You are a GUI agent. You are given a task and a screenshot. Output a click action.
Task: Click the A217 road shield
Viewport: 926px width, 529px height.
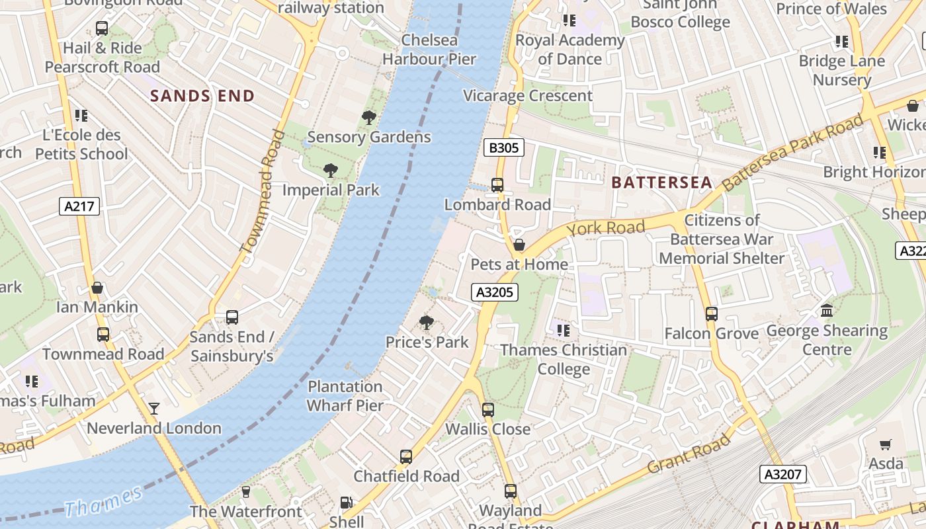click(79, 206)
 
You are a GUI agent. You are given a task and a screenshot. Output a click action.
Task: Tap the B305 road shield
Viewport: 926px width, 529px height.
click(503, 147)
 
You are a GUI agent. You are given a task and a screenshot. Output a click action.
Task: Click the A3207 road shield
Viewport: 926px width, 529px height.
click(782, 473)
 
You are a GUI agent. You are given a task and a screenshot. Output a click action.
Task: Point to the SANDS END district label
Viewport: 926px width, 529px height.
click(202, 96)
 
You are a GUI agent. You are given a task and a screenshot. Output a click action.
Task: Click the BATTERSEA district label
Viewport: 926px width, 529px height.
click(661, 183)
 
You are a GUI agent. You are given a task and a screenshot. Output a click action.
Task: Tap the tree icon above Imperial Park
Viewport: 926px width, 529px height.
click(331, 171)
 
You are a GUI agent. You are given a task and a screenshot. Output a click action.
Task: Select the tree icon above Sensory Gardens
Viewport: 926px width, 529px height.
click(369, 118)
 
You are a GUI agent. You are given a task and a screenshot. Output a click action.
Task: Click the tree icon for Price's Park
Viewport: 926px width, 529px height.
click(427, 323)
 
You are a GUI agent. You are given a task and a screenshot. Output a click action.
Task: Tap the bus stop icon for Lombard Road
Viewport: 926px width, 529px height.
click(497, 185)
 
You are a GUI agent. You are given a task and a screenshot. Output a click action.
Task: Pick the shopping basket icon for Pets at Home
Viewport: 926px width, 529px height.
click(519, 245)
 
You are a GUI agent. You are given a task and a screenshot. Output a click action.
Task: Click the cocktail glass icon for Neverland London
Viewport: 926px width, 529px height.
click(154, 409)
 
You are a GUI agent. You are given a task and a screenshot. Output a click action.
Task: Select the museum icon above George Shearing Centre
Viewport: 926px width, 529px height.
click(827, 310)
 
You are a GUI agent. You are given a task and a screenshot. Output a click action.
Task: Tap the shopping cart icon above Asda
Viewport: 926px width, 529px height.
click(886, 444)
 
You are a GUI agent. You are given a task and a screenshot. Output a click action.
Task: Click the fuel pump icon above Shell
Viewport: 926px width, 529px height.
click(346, 503)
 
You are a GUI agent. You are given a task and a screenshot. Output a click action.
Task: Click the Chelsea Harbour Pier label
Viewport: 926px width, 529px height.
click(429, 50)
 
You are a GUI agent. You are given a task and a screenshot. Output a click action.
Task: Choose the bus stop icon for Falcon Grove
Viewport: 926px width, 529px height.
click(712, 314)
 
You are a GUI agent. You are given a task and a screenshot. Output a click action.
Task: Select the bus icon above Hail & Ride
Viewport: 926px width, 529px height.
click(102, 28)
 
